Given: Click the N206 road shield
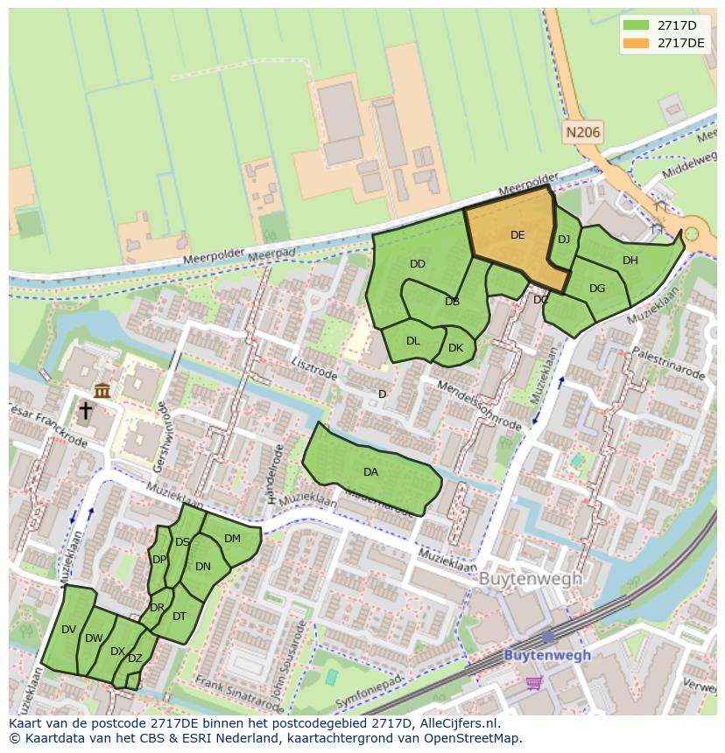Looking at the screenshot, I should pos(582,133).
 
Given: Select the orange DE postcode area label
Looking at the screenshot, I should pos(517,235).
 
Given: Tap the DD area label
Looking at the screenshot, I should pos(418,264).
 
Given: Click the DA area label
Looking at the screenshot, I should pos(370,472).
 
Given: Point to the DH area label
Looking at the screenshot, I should pos(630,261).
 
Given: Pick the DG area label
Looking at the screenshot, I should pos(597,289).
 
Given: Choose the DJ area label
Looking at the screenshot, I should pos(564,240).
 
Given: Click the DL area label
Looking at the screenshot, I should pos(413,341).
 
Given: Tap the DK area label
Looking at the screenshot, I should pos(455,348).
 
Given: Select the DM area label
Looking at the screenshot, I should pos(232,539).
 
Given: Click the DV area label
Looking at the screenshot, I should pos(69,630).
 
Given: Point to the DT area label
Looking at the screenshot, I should pos(179,617).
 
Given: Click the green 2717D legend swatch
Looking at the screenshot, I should pos(637,25).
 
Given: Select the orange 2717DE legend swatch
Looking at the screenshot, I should pos(637,43).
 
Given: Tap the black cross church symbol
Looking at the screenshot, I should pos(86,410).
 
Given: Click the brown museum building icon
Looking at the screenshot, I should pos(102,390).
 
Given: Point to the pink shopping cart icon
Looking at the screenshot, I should pos(533,682).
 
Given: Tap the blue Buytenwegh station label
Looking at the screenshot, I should pos(547,655).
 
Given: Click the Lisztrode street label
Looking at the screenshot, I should pos(313,364).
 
